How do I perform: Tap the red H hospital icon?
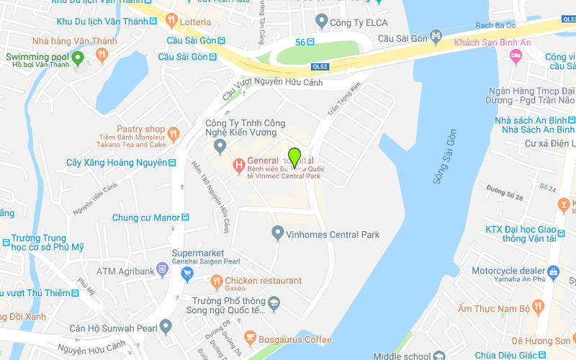[238, 166]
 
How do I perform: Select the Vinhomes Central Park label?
[333, 234]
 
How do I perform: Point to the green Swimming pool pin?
[79, 56]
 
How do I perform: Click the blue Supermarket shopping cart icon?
[187, 273]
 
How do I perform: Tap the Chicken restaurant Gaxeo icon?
[216, 281]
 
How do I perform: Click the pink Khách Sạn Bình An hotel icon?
[516, 55]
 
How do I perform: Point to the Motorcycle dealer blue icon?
[553, 271]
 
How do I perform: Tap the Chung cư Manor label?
[145, 217]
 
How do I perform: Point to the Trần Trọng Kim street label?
[343, 99]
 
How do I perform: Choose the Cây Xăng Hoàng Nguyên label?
[116, 163]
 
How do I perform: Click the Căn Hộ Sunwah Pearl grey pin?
[166, 328]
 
